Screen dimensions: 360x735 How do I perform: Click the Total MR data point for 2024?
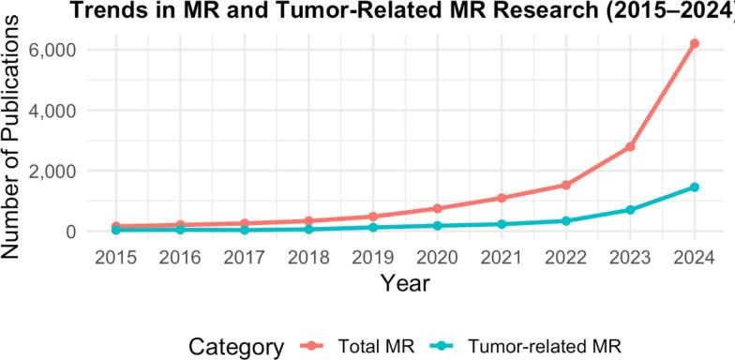pyautogui.click(x=695, y=43)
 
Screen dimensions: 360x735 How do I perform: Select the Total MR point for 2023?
pyautogui.click(x=630, y=147)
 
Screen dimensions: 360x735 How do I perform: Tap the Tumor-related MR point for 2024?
pyautogui.click(x=695, y=187)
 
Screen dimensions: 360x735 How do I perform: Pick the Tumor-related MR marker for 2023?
pyautogui.click(x=630, y=210)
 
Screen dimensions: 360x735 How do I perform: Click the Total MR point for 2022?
pyautogui.click(x=565, y=185)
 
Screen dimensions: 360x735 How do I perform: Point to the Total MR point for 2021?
pyautogui.click(x=502, y=198)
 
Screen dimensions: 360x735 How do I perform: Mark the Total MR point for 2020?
pyautogui.click(x=437, y=208)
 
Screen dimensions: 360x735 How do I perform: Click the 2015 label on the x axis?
pyautogui.click(x=115, y=257)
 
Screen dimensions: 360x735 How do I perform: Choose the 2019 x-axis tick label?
pyautogui.click(x=372, y=257)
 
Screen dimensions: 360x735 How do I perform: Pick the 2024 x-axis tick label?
pyautogui.click(x=695, y=257)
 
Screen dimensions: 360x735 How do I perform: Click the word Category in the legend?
pyautogui.click(x=236, y=346)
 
